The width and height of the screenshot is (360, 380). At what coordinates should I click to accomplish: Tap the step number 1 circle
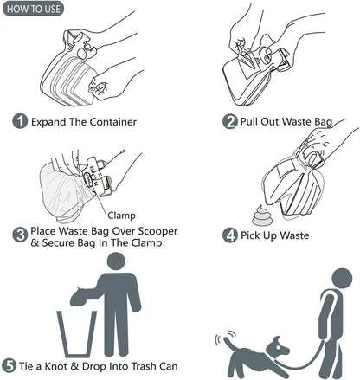click(20, 121)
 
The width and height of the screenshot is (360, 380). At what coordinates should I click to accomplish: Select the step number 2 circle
click(230, 121)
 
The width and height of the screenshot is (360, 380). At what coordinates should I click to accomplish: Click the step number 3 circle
click(20, 234)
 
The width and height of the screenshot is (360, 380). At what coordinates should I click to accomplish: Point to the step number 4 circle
click(230, 235)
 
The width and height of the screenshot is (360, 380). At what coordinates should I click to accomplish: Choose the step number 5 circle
click(10, 366)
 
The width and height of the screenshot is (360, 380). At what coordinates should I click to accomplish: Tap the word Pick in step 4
click(256, 235)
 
